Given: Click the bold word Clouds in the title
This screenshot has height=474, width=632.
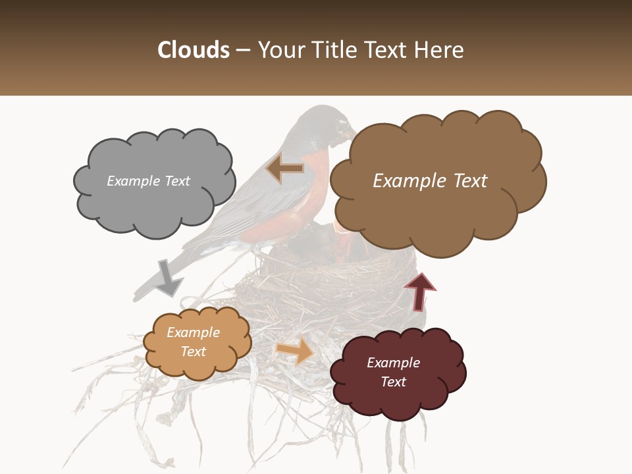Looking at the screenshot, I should coord(193,50).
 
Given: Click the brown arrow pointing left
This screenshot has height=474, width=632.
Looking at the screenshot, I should coord(284,169).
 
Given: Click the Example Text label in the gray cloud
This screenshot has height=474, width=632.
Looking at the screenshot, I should coord(148,181).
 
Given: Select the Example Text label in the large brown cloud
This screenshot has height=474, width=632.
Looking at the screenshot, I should coord(430,181).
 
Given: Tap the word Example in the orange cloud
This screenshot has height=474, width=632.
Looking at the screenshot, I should coord(193,332).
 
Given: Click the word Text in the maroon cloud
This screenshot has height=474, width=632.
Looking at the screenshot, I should coord(393,382).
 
